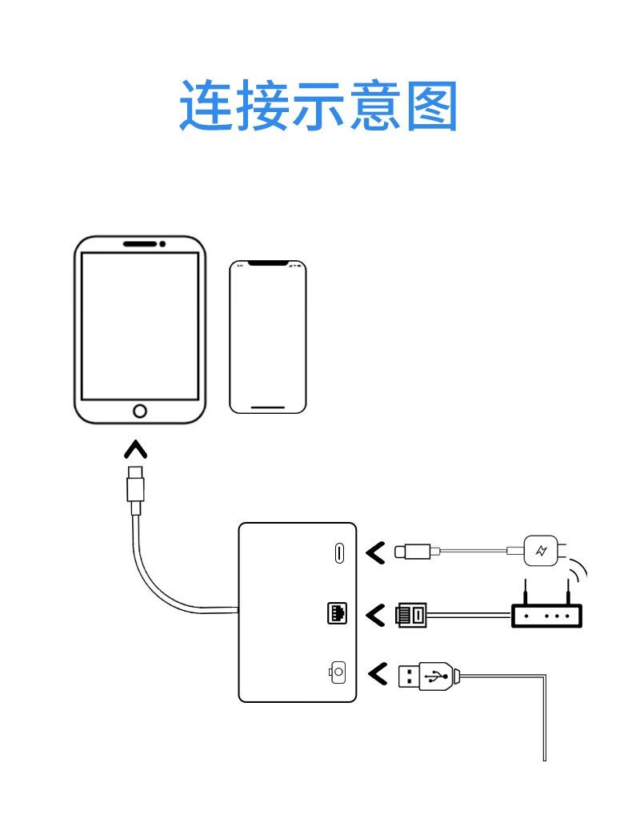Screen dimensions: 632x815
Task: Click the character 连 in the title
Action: click(205, 105)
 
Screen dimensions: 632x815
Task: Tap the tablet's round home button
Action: click(140, 411)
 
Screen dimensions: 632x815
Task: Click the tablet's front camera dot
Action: click(162, 243)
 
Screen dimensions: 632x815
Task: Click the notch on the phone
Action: click(267, 263)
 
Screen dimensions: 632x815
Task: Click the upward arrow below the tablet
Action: click(135, 450)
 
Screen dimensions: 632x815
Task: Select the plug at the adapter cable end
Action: click(135, 484)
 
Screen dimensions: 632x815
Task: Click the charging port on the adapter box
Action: click(338, 552)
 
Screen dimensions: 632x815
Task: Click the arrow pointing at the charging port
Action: click(374, 552)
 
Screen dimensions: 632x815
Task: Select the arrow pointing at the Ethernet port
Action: click(374, 615)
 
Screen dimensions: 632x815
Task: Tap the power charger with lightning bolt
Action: click(541, 551)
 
